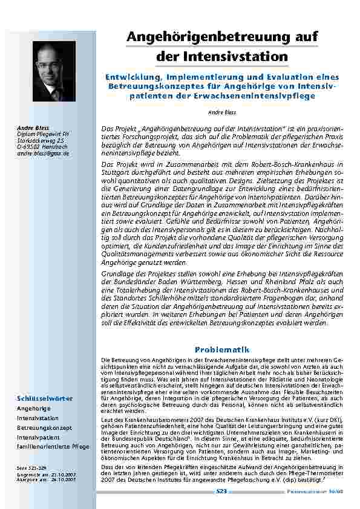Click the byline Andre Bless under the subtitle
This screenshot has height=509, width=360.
(x=221, y=113)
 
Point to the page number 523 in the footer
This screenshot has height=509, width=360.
(x=221, y=492)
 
